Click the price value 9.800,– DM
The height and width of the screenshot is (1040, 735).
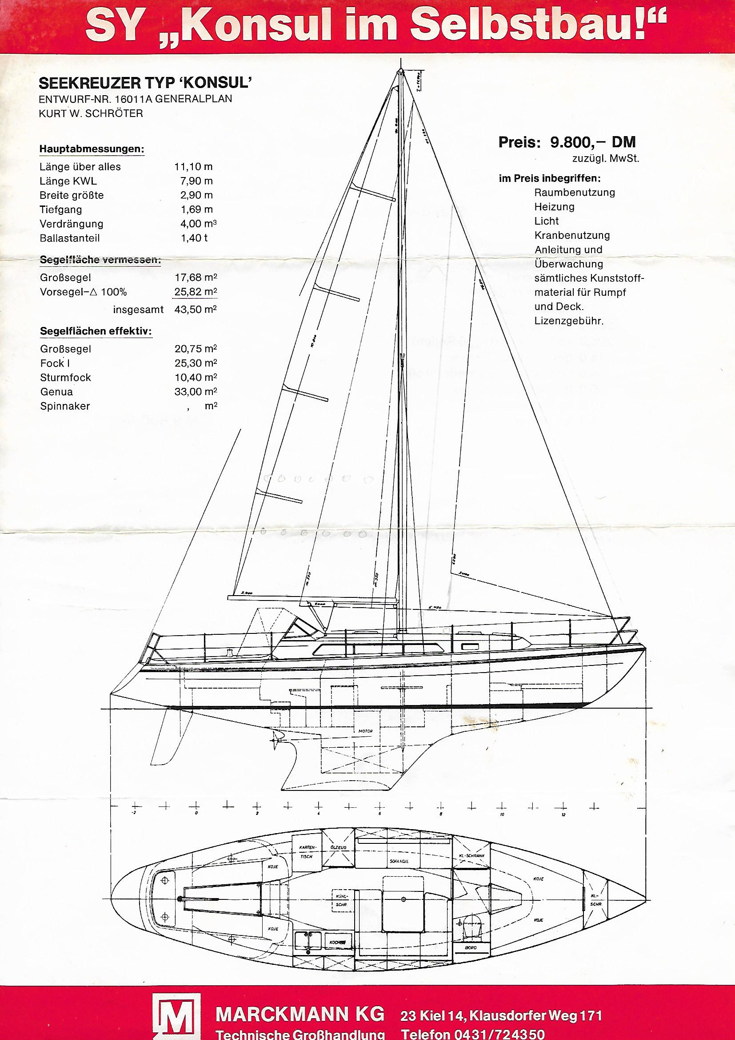click(x=592, y=142)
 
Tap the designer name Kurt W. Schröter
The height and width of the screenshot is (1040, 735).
click(x=91, y=113)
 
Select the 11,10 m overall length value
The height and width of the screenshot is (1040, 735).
click(x=193, y=166)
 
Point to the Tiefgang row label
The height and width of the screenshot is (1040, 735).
click(x=60, y=209)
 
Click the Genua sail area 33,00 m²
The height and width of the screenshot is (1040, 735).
click(x=196, y=391)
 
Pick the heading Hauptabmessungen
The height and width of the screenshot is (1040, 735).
click(x=92, y=149)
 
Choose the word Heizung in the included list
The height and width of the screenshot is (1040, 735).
click(x=555, y=206)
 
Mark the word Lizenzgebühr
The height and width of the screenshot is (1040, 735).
click(x=569, y=321)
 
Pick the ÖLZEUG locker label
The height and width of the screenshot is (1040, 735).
click(x=338, y=847)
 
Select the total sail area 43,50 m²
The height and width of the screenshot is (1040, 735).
click(x=196, y=309)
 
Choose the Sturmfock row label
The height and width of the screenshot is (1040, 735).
click(x=66, y=377)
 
